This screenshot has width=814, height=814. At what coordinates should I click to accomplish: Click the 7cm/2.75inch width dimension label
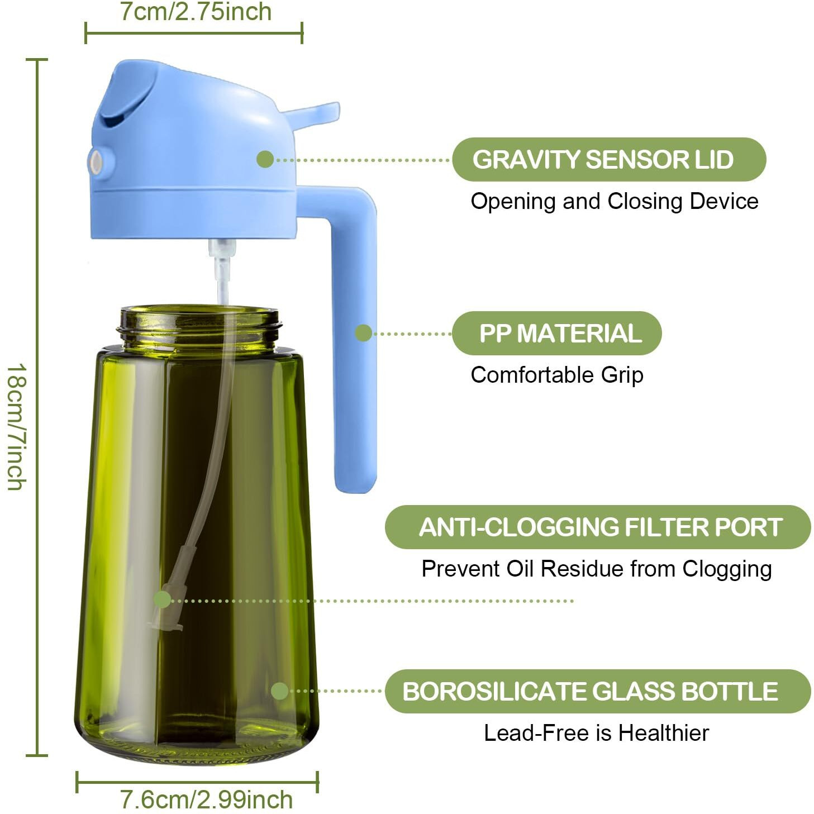point(196,12)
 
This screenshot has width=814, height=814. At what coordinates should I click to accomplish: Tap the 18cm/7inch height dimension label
point(16,427)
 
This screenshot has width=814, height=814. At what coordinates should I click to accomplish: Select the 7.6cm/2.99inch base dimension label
point(206,799)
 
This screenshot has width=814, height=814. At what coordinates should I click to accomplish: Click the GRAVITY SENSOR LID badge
point(608,160)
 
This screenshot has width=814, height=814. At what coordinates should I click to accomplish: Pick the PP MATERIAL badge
point(556,334)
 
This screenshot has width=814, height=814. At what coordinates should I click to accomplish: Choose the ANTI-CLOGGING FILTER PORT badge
point(597,527)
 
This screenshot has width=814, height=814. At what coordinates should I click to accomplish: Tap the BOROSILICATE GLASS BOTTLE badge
point(597,691)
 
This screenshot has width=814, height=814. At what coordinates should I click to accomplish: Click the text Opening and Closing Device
point(614,201)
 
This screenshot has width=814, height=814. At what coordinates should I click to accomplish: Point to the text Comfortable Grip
point(556,375)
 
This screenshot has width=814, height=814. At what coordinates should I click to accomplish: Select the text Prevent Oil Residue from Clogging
point(596,569)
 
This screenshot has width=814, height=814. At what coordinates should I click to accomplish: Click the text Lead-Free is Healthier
point(596,733)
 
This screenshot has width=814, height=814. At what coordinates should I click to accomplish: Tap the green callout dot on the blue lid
point(265,159)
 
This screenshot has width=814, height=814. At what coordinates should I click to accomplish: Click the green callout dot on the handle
point(363,333)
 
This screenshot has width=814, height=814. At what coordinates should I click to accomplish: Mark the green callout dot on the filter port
point(162,600)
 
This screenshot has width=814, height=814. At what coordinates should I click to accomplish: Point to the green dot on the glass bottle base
point(279,691)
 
